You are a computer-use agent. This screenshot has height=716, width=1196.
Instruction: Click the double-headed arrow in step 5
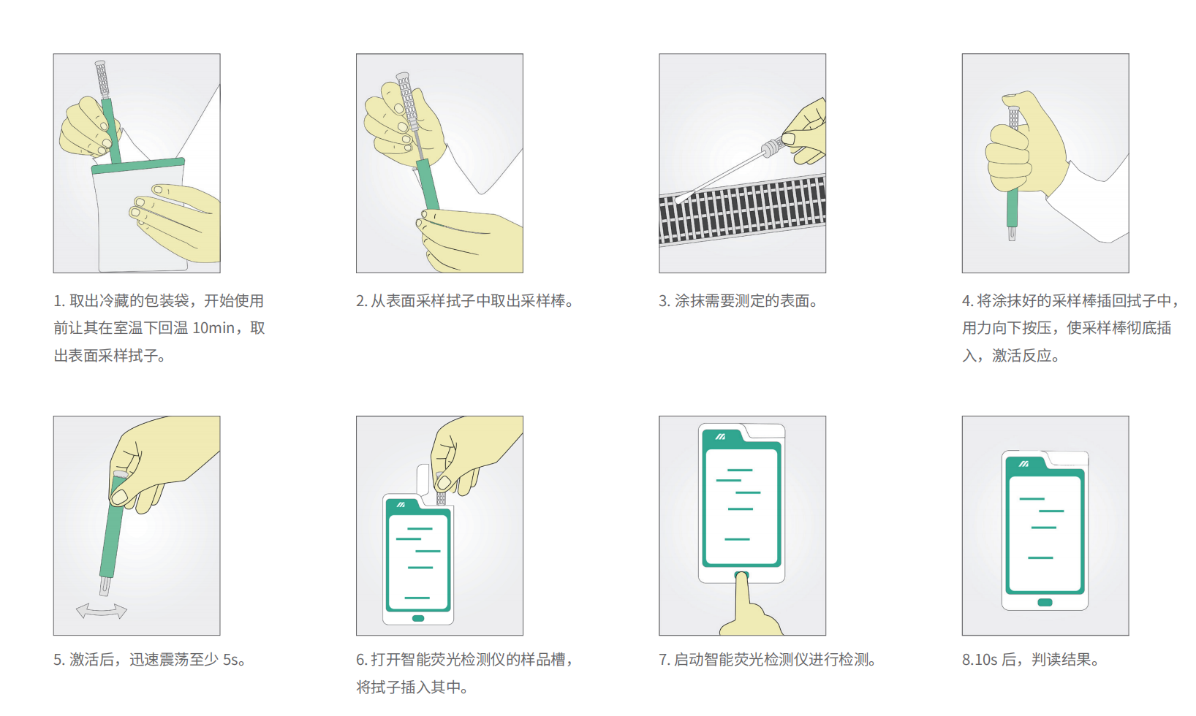coord(102,611)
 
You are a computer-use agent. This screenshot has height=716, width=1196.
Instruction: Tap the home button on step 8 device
coord(1045,602)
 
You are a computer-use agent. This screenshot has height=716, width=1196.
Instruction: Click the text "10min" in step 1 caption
coord(213,328)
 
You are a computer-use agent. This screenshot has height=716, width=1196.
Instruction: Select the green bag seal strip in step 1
coord(138,166)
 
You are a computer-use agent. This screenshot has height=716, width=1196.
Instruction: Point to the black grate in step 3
coord(742,210)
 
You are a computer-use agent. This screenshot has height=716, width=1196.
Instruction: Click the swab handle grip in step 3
coord(772,148)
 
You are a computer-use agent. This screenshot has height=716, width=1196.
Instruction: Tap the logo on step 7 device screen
coord(720,436)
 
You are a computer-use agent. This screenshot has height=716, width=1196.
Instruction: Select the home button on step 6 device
coord(418,618)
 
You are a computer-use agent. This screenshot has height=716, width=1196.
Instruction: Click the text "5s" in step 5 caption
coord(230,660)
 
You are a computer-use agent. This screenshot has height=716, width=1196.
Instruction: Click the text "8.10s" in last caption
coord(979,660)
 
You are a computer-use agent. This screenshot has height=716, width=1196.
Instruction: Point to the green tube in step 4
coord(1012,208)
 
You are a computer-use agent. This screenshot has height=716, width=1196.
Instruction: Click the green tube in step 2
coord(428,183)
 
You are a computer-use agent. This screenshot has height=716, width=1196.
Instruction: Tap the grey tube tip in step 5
coord(105,585)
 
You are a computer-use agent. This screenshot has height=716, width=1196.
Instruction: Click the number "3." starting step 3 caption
coord(664,301)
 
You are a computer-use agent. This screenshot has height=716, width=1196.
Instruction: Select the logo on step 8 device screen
coord(1023,464)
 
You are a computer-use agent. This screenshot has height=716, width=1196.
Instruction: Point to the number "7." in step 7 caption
coord(664,660)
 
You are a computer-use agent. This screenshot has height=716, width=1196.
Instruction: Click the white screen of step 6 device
coord(418,563)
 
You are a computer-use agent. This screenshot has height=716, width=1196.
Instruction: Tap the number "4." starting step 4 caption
coord(967,301)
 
